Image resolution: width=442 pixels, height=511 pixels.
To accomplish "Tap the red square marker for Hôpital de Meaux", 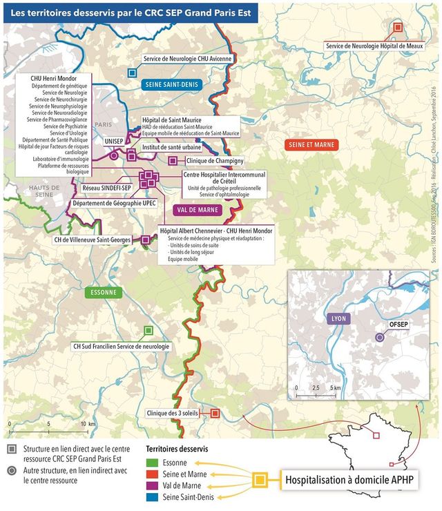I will point(398,28).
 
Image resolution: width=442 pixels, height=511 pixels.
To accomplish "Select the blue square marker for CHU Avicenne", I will point(131,73).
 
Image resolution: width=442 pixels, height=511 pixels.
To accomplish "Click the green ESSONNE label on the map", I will point(103,292).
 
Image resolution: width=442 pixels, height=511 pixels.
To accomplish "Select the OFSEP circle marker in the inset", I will point(379,337).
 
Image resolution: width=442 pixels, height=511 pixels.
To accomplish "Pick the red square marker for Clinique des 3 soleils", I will point(215,413).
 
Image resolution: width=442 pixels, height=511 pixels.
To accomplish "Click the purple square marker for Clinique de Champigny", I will point(173,160).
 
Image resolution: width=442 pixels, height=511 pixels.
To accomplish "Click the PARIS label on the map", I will point(103,125).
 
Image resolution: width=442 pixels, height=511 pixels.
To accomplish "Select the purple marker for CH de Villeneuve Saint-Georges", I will point(145,240).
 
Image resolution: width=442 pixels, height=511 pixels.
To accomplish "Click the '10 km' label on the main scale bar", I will point(87,423).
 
